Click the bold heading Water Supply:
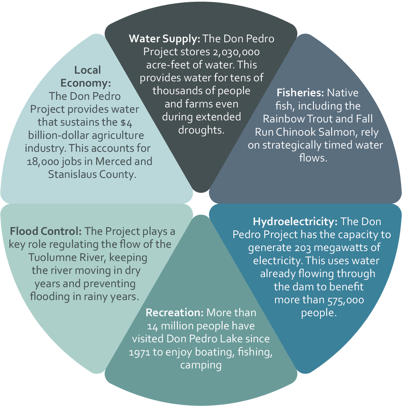[165, 39]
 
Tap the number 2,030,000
[236, 52]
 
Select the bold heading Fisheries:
[300, 93]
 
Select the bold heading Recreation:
[174, 313]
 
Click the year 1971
[140, 352]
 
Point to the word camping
[201, 365]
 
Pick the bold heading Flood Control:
[46, 231]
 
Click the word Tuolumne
[54, 257]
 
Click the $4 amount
[126, 122]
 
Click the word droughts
[201, 130]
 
